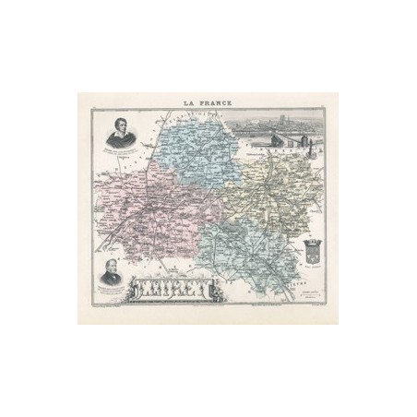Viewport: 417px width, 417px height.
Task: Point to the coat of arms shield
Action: point(310,250)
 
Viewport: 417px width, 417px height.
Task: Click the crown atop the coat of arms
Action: point(310,238)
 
